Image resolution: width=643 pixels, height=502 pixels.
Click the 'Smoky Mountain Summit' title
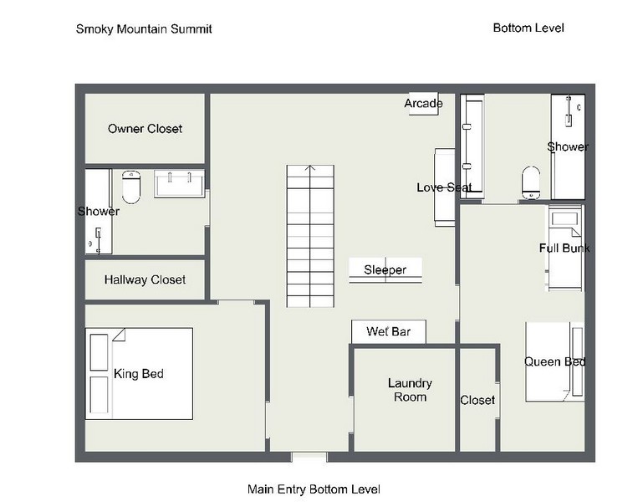pyautogui.click(x=144, y=29)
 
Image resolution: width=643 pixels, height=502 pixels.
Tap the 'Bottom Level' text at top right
pyautogui.click(x=528, y=28)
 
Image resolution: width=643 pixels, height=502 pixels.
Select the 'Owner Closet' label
pyautogui.click(x=145, y=129)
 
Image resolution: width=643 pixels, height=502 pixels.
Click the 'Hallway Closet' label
pyautogui.click(x=145, y=280)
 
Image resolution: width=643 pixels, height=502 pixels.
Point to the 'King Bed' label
pyautogui.click(x=139, y=373)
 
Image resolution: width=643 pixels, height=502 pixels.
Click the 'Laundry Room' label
pyautogui.click(x=410, y=390)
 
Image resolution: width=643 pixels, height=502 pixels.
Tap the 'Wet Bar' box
pyautogui.click(x=389, y=331)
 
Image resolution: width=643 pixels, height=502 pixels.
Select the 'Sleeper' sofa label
pyautogui.click(x=385, y=269)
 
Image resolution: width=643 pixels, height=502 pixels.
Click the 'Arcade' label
pyautogui.click(x=424, y=104)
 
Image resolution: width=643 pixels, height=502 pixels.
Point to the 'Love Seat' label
pyautogui.click(x=445, y=187)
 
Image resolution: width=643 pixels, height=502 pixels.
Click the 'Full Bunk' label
pyautogui.click(x=564, y=248)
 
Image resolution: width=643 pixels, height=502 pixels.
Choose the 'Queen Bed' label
pyautogui.click(x=555, y=361)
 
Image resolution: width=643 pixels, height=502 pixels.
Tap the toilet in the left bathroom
pyautogui.click(x=131, y=187)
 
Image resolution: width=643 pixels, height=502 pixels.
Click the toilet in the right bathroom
pyautogui.click(x=531, y=182)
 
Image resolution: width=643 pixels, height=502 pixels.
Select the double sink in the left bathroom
pyautogui.click(x=179, y=184)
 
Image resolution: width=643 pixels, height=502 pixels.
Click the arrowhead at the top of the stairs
pyautogui.click(x=310, y=167)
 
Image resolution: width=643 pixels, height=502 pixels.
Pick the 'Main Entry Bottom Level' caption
pyautogui.click(x=314, y=489)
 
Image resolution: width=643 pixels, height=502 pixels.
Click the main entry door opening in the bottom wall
pyautogui.click(x=309, y=457)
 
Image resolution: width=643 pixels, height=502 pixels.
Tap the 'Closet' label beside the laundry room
pyautogui.click(x=477, y=400)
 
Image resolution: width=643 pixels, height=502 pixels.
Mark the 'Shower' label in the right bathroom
pyautogui.click(x=568, y=146)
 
